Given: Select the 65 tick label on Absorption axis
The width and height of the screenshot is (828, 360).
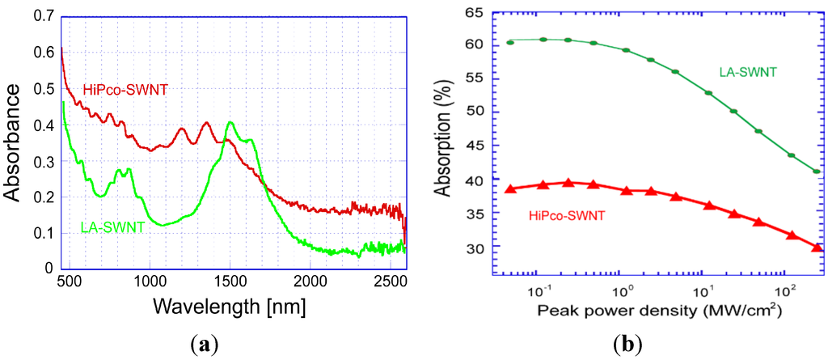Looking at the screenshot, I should coord(474,14).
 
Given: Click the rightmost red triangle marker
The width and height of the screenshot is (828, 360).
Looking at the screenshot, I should coord(817,247).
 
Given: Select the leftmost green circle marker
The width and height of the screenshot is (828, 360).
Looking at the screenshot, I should coord(510,42).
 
